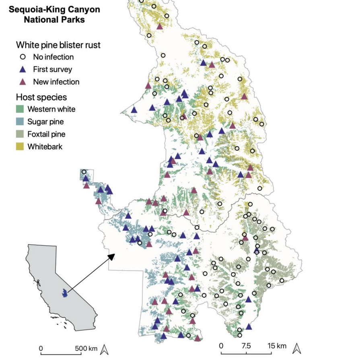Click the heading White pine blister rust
[x=58, y=45]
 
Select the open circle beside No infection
[x=23, y=57]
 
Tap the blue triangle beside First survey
[x=23, y=69]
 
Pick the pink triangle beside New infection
[x=23, y=82]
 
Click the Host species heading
[x=41, y=97]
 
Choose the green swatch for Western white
[x=21, y=109]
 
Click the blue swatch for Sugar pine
[x=21, y=122]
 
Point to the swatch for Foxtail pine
[x=21, y=134]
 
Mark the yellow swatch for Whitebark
[x=21, y=147]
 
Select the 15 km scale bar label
[x=277, y=346]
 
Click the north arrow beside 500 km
[x=104, y=350]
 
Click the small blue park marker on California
[x=64, y=294]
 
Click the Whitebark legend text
[x=45, y=147]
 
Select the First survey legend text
[x=50, y=69]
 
